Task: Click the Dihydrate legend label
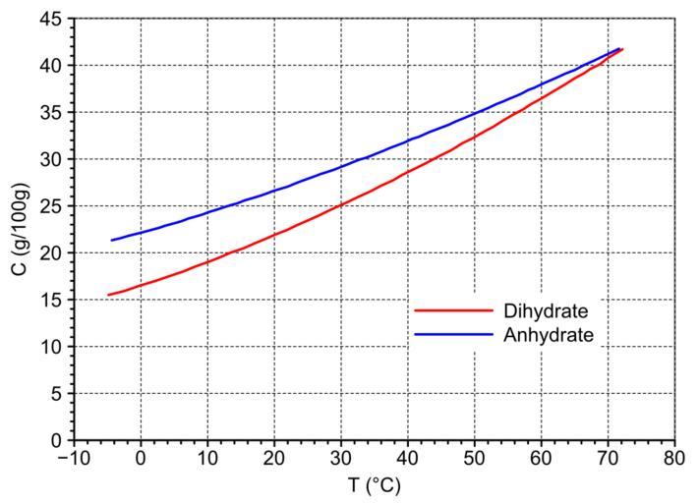(x=546, y=311)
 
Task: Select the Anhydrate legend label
(x=549, y=335)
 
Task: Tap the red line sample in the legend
(x=453, y=311)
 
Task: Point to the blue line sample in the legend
(x=453, y=335)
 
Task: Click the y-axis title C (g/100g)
(x=22, y=228)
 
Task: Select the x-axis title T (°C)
(x=374, y=485)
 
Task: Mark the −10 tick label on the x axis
(x=73, y=458)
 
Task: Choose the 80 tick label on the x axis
(x=674, y=458)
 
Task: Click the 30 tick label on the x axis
(x=340, y=458)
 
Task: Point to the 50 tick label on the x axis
(x=474, y=458)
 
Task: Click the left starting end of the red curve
(x=108, y=295)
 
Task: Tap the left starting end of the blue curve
(x=112, y=240)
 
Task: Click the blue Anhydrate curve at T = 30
(x=340, y=167)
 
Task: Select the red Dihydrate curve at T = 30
(x=340, y=204)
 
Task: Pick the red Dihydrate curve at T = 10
(x=207, y=262)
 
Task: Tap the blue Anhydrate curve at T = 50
(x=474, y=114)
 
